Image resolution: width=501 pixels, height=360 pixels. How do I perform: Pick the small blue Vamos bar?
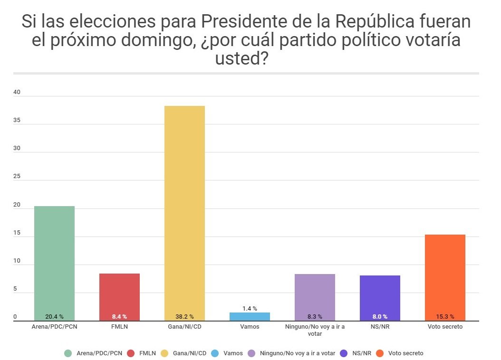250,317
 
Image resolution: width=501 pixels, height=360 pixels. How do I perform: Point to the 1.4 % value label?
250,309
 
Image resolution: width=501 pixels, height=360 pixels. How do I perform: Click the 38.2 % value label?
184,316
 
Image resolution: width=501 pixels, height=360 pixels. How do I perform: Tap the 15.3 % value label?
445,316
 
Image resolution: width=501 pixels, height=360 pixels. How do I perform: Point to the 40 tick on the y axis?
17,93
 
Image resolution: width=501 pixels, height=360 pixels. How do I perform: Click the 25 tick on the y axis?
17,177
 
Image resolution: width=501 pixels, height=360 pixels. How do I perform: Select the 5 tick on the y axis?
15,289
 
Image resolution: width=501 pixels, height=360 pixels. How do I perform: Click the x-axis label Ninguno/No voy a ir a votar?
315,330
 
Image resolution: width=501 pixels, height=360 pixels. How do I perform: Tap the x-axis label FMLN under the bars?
119,327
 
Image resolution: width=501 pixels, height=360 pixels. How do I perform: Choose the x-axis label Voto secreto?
445,327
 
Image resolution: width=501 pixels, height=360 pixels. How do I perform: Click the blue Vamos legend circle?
215,353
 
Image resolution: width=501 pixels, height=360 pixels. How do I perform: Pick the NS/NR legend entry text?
362,353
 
